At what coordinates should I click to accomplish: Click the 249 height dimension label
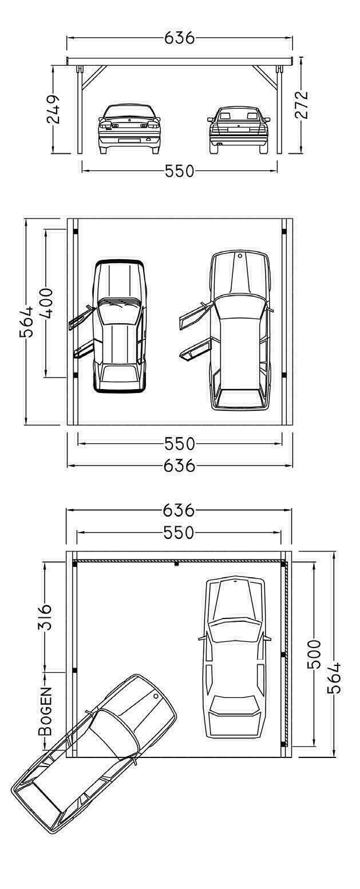(x=53, y=109)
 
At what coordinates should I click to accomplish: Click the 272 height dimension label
(x=301, y=105)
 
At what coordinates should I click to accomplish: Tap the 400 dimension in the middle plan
(x=46, y=304)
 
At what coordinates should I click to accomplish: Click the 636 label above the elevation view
(x=179, y=38)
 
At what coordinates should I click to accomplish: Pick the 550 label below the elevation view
(x=179, y=171)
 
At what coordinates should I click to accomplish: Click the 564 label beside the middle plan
(x=26, y=321)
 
